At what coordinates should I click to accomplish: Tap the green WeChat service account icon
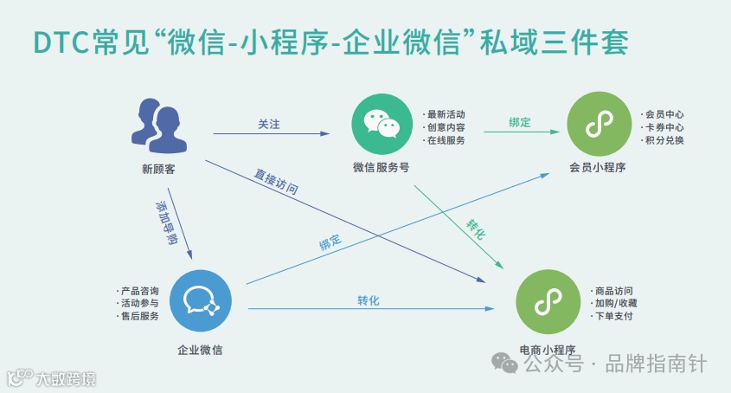click(382, 126)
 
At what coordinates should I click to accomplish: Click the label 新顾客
click(158, 170)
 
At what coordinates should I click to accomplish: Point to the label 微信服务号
click(382, 168)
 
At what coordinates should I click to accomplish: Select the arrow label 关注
click(269, 125)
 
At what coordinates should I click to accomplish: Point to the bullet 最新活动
click(446, 114)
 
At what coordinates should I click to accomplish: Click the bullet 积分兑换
click(664, 140)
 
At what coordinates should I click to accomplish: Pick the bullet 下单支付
click(614, 316)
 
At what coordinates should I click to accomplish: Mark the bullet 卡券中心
click(664, 127)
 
